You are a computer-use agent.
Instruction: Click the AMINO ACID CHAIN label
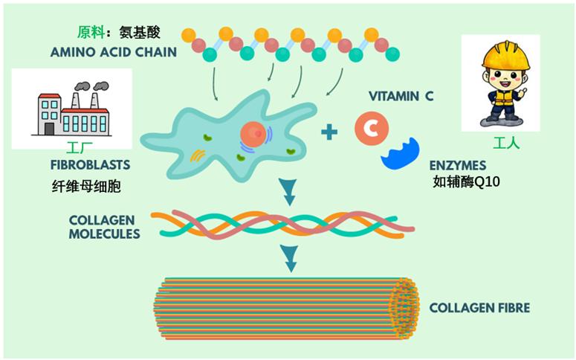tap(114, 52)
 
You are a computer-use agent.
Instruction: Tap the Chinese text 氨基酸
tap(139, 33)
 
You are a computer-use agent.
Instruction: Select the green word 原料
tap(91, 33)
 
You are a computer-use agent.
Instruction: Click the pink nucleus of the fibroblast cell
tap(253, 134)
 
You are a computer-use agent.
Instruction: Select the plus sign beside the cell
tap(329, 132)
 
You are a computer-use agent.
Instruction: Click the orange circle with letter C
tap(371, 127)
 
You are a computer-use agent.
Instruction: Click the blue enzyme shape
tap(401, 151)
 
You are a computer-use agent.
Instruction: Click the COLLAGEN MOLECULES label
tap(104, 227)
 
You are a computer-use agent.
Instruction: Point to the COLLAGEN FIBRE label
tap(479, 307)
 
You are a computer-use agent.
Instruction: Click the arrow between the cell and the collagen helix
tap(288, 193)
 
